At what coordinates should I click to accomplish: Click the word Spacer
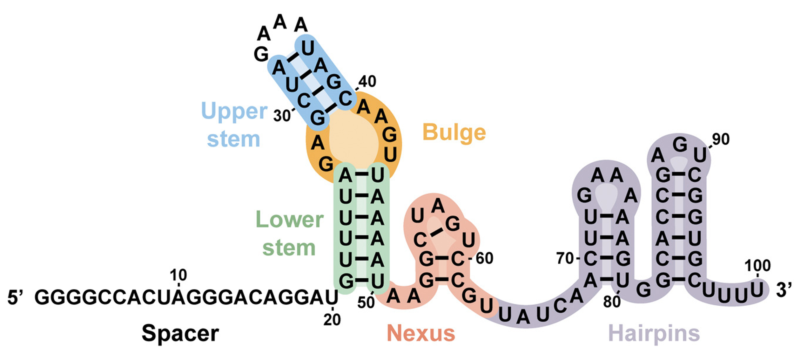(x=180, y=333)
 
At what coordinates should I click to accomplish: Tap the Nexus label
(x=421, y=333)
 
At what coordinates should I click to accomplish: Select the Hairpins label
(x=654, y=333)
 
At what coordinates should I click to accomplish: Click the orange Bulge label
(x=454, y=132)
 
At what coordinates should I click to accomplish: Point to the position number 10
(x=178, y=275)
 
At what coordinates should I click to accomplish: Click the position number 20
(x=332, y=319)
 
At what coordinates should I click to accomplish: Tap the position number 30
(x=282, y=116)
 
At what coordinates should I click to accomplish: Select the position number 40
(x=367, y=82)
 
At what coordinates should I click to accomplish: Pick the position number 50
(x=366, y=302)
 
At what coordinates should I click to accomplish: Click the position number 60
(x=484, y=258)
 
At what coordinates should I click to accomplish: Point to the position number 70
(x=565, y=258)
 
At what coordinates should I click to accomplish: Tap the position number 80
(x=612, y=302)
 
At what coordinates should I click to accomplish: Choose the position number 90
(x=721, y=139)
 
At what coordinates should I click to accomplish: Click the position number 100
(x=757, y=266)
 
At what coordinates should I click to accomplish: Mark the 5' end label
(x=16, y=298)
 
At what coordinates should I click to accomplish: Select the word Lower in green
(x=289, y=219)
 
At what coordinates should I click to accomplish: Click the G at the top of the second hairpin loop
(x=680, y=145)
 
